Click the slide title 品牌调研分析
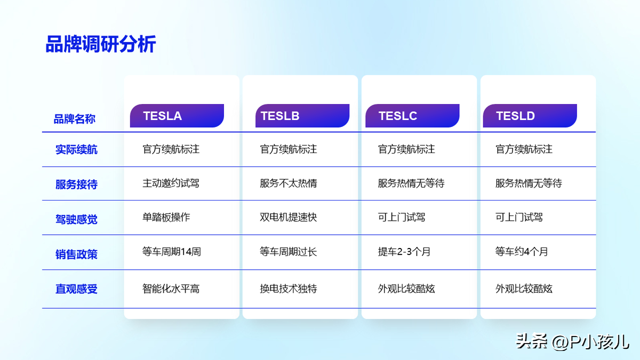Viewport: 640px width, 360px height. tap(101, 44)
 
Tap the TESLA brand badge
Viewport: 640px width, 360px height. tap(177, 116)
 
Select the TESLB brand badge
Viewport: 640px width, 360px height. tap(302, 116)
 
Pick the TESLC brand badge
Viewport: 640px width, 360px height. tap(412, 116)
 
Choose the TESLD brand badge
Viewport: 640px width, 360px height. tap(530, 116)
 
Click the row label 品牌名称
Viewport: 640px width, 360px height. tap(74, 119)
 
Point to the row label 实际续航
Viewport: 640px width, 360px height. tap(76, 149)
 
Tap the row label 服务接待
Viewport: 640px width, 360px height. tap(76, 185)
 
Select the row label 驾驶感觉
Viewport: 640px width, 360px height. tap(76, 219)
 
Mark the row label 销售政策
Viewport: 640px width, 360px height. tap(76, 254)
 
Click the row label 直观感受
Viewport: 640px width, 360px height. tap(76, 289)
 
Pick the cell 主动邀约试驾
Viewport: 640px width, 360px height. tap(171, 183)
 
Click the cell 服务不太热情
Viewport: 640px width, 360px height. tap(289, 183)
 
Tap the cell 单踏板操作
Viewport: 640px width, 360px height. tap(166, 217)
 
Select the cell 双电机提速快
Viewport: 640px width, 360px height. tap(289, 217)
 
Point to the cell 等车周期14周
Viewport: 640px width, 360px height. tap(172, 251)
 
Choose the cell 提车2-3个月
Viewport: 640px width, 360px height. tap(404, 251)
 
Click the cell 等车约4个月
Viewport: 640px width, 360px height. tap(522, 251)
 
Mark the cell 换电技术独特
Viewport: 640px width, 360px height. tap(289, 289)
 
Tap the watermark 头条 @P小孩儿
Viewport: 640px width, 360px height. tap(572, 341)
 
